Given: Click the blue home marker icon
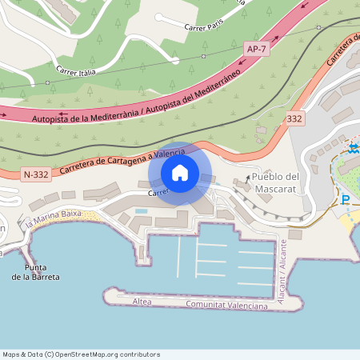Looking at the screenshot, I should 179,173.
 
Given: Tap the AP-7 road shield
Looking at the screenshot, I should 255,50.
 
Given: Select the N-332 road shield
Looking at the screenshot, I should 36,174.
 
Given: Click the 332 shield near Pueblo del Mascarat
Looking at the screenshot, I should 294,118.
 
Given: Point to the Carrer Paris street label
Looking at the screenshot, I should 202,26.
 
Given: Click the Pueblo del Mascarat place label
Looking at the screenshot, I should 274,183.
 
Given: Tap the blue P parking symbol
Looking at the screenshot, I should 346,200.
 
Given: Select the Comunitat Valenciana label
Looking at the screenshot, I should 226,306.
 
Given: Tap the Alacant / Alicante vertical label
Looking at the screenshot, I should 283,265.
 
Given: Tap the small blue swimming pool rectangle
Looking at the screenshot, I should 142,211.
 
